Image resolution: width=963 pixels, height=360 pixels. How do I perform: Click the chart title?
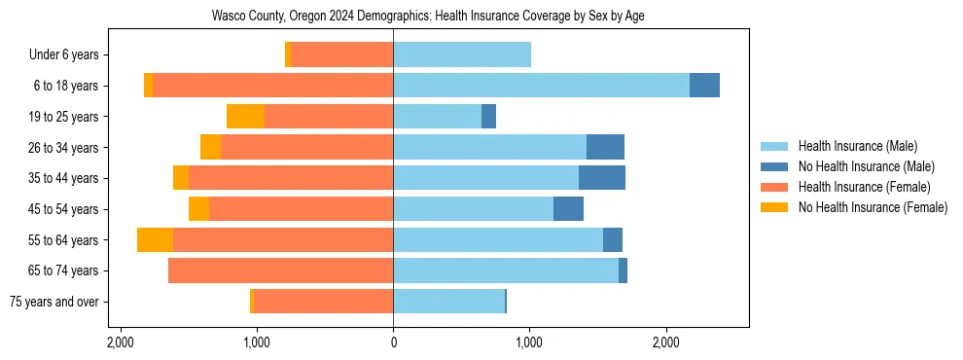[428, 17]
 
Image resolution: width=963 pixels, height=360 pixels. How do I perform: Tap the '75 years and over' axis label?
[54, 302]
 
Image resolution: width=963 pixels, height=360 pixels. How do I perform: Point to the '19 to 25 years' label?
[64, 117]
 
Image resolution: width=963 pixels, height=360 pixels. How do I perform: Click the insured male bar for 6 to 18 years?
[541, 86]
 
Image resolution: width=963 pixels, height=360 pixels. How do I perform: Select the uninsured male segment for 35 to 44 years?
[601, 178]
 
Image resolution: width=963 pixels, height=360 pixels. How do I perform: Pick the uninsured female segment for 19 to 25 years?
[245, 117]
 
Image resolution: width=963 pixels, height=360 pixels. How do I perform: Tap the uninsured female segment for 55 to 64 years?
[155, 239]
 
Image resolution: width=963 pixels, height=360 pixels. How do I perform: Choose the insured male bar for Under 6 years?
[462, 54]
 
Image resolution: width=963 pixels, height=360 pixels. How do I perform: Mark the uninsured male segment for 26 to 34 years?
[605, 147]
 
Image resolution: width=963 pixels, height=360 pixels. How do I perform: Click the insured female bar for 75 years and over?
[323, 302]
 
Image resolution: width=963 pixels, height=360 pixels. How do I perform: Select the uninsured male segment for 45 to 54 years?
[568, 209]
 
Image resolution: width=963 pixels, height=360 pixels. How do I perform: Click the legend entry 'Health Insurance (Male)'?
[857, 146]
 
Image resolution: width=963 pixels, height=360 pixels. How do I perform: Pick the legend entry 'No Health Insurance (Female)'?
[873, 207]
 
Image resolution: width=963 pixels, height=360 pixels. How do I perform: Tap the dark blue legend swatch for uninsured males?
[774, 166]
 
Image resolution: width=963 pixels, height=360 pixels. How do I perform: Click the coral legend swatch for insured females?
[774, 187]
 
